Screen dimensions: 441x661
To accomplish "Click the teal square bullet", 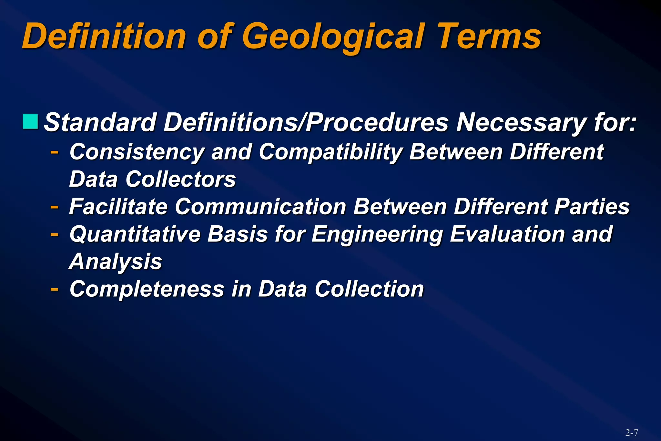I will pos(30,121).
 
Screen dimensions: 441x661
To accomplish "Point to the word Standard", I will pos(100,123).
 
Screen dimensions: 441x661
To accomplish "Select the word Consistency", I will pos(137,152).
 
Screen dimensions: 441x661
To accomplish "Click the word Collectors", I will pos(180,179).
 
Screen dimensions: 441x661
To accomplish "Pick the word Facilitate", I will pos(118,207).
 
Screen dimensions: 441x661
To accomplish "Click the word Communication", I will pos(260,207).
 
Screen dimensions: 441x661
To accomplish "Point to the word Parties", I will pos(592,207).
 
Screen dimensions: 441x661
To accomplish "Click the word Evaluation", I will pos(507,234).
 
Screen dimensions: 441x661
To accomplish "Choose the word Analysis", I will pos(115,262).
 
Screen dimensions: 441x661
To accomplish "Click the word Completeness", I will pos(147,289).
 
